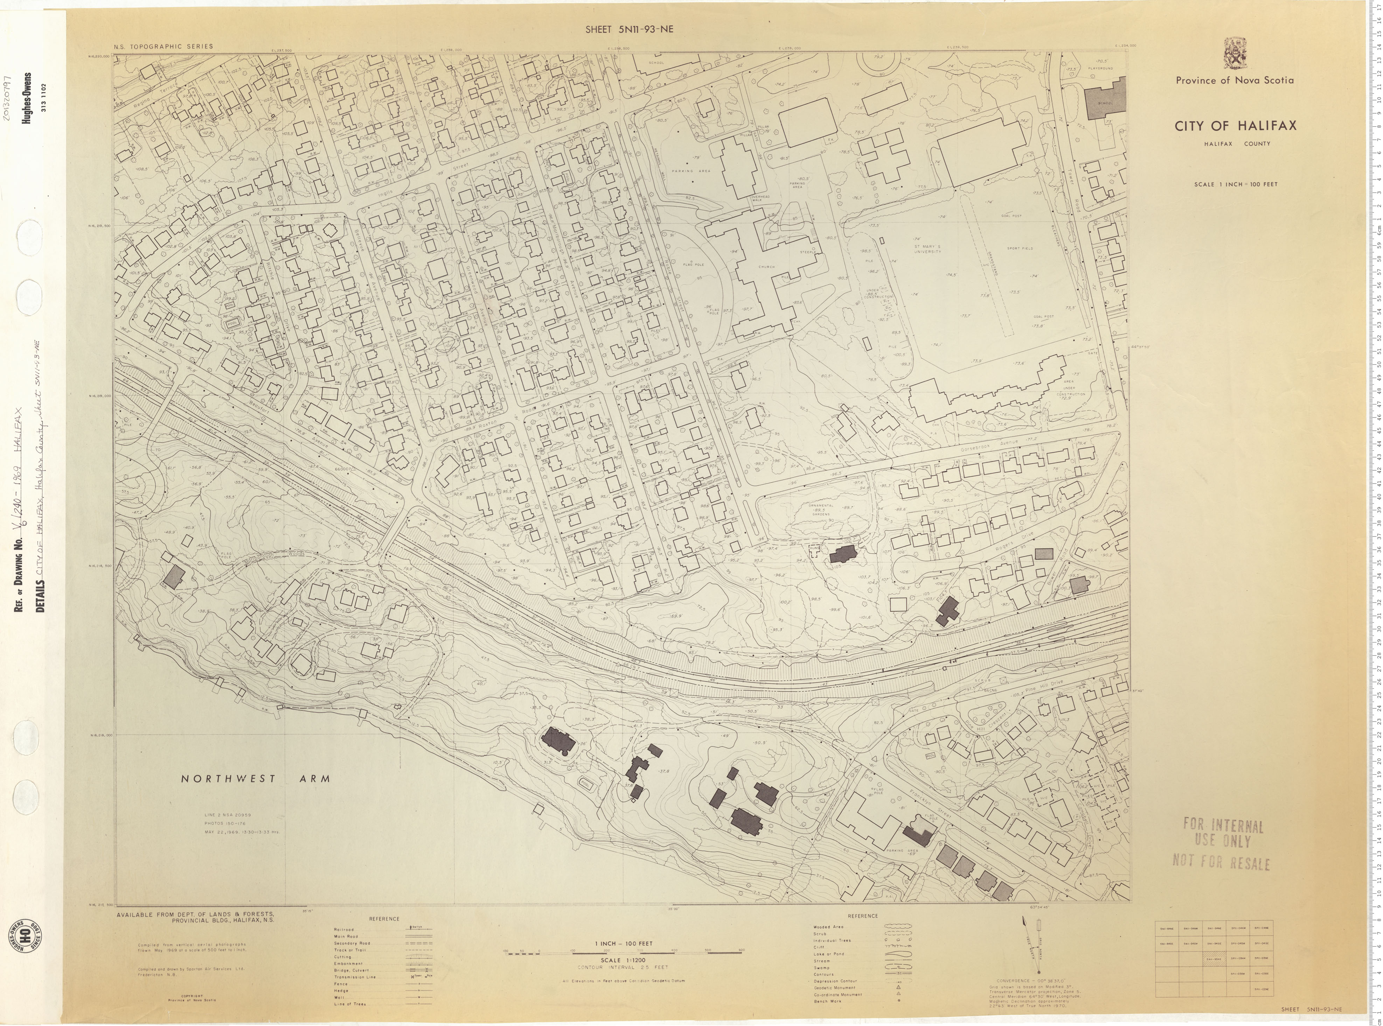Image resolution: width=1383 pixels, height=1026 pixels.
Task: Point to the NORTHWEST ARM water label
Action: pos(255,778)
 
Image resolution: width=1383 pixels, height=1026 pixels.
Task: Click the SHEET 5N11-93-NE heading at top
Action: pos(630,29)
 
